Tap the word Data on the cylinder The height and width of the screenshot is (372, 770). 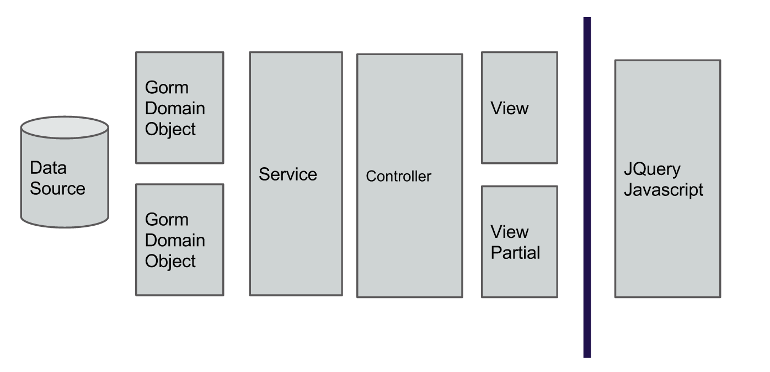click(x=48, y=168)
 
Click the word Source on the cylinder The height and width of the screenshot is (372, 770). click(x=57, y=189)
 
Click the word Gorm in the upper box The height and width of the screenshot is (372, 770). click(x=167, y=88)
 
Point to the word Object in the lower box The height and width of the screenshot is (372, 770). click(x=170, y=261)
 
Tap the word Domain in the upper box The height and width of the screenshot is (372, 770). click(x=175, y=109)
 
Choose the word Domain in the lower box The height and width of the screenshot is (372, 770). click(x=175, y=241)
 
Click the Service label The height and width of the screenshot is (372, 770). click(x=288, y=174)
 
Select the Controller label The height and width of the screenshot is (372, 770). click(x=398, y=177)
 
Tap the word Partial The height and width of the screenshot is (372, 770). click(x=515, y=253)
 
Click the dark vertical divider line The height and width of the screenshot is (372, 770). click(x=587, y=188)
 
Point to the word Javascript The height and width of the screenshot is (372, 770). click(x=664, y=190)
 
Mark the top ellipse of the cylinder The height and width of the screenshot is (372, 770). click(x=65, y=127)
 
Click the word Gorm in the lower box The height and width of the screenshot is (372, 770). click(x=167, y=220)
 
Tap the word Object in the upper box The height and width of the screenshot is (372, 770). click(x=170, y=129)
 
